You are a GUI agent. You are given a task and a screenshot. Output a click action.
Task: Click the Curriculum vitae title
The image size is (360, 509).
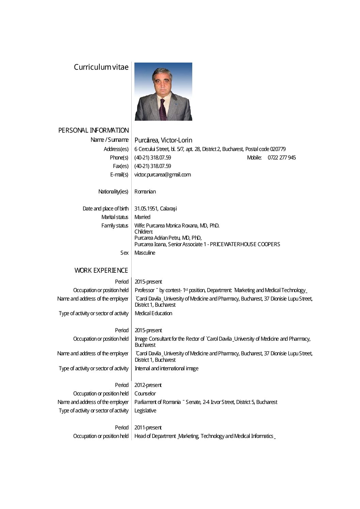coord(101,67)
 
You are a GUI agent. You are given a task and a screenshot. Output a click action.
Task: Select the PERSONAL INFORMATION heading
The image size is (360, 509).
coord(94,130)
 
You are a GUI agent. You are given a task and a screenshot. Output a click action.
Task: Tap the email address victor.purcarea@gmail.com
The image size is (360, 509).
coord(162,174)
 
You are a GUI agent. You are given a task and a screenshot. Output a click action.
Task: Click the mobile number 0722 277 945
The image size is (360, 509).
coord(281,157)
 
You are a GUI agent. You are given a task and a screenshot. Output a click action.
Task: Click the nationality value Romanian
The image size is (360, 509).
coord(145,191)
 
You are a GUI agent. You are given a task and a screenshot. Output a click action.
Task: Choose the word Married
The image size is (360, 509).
coord(142,217)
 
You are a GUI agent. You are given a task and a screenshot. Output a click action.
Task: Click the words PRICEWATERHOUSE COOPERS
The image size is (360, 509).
coord(245,244)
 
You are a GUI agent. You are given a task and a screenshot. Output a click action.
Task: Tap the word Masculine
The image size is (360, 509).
coord(145,253)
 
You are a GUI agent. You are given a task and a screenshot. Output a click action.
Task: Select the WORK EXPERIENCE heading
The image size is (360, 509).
coord(101,270)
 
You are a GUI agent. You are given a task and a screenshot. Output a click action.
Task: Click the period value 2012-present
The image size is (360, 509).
coord(148,385)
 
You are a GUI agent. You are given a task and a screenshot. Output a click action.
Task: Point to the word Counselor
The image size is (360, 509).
coord(145,393)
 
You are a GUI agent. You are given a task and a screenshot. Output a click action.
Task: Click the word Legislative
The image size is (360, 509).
coord(145,410)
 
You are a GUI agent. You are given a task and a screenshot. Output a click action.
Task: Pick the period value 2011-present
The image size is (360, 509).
coord(148,427)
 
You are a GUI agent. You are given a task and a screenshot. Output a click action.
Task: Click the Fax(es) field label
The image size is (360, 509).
coord(120,166)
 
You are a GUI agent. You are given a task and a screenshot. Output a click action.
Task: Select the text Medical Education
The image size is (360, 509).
coord(153,313)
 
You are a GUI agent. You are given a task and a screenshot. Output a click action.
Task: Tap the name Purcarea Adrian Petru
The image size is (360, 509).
coord(157,238)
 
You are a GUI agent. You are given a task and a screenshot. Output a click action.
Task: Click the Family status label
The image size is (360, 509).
coord(115,225)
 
